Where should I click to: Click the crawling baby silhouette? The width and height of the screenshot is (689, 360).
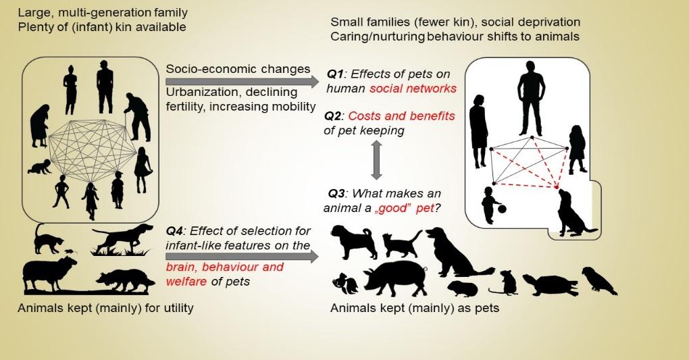point(39,167)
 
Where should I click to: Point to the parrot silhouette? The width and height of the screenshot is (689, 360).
point(598,280)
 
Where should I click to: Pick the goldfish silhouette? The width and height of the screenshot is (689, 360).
point(345,283)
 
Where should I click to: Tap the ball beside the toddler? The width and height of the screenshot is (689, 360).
point(502,209)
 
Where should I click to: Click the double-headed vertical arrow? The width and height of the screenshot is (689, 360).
point(376,160)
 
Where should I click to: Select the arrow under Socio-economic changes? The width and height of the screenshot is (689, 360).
point(242,82)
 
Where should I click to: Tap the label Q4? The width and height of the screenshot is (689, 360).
point(174,231)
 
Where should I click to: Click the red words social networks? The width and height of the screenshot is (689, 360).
point(413,88)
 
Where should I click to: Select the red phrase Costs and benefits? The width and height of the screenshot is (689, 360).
point(401,116)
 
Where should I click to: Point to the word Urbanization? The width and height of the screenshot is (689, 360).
point(200,93)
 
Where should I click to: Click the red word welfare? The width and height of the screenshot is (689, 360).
point(186,282)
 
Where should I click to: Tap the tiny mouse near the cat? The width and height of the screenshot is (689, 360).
point(70,252)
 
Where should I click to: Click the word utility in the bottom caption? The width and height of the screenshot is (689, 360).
point(178,308)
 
